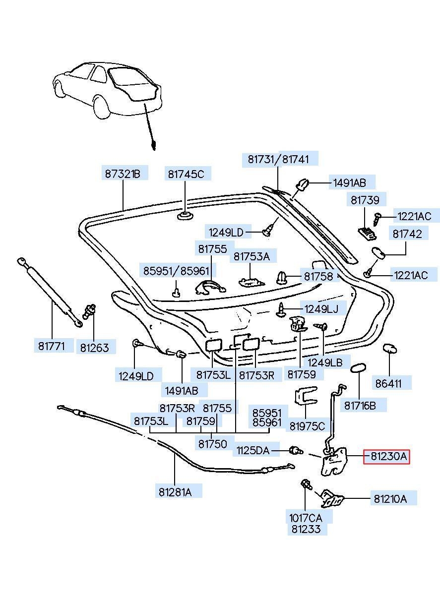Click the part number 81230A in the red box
[386, 457]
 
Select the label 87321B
[123, 174]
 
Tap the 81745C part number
[186, 174]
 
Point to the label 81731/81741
[278, 159]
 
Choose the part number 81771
[52, 346]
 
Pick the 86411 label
[393, 382]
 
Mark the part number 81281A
[175, 492]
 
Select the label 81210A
[390, 499]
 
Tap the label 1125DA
[252, 450]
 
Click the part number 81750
[213, 444]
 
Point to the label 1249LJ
[321, 309]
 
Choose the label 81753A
[251, 256]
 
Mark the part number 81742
[407, 234]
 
